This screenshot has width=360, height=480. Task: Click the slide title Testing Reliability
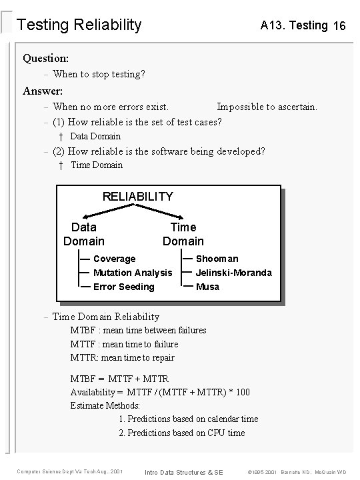79,25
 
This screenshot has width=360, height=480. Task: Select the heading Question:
46,58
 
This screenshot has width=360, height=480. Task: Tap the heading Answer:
43,91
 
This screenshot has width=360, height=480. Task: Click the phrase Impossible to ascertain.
267,107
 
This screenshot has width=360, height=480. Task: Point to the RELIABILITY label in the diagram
137,197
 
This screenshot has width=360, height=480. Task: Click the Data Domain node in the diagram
84,234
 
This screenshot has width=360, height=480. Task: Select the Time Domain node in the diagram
183,234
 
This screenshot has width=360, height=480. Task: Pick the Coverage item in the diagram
114,259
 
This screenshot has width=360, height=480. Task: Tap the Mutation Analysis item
132,273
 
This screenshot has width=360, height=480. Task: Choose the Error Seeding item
123,287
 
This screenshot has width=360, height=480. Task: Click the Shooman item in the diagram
217,259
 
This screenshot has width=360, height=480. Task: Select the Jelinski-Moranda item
233,273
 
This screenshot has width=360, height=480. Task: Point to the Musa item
207,287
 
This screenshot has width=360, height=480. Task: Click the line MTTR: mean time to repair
123,358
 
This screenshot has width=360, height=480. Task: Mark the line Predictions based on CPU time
181,433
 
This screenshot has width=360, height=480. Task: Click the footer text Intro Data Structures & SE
183,472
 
